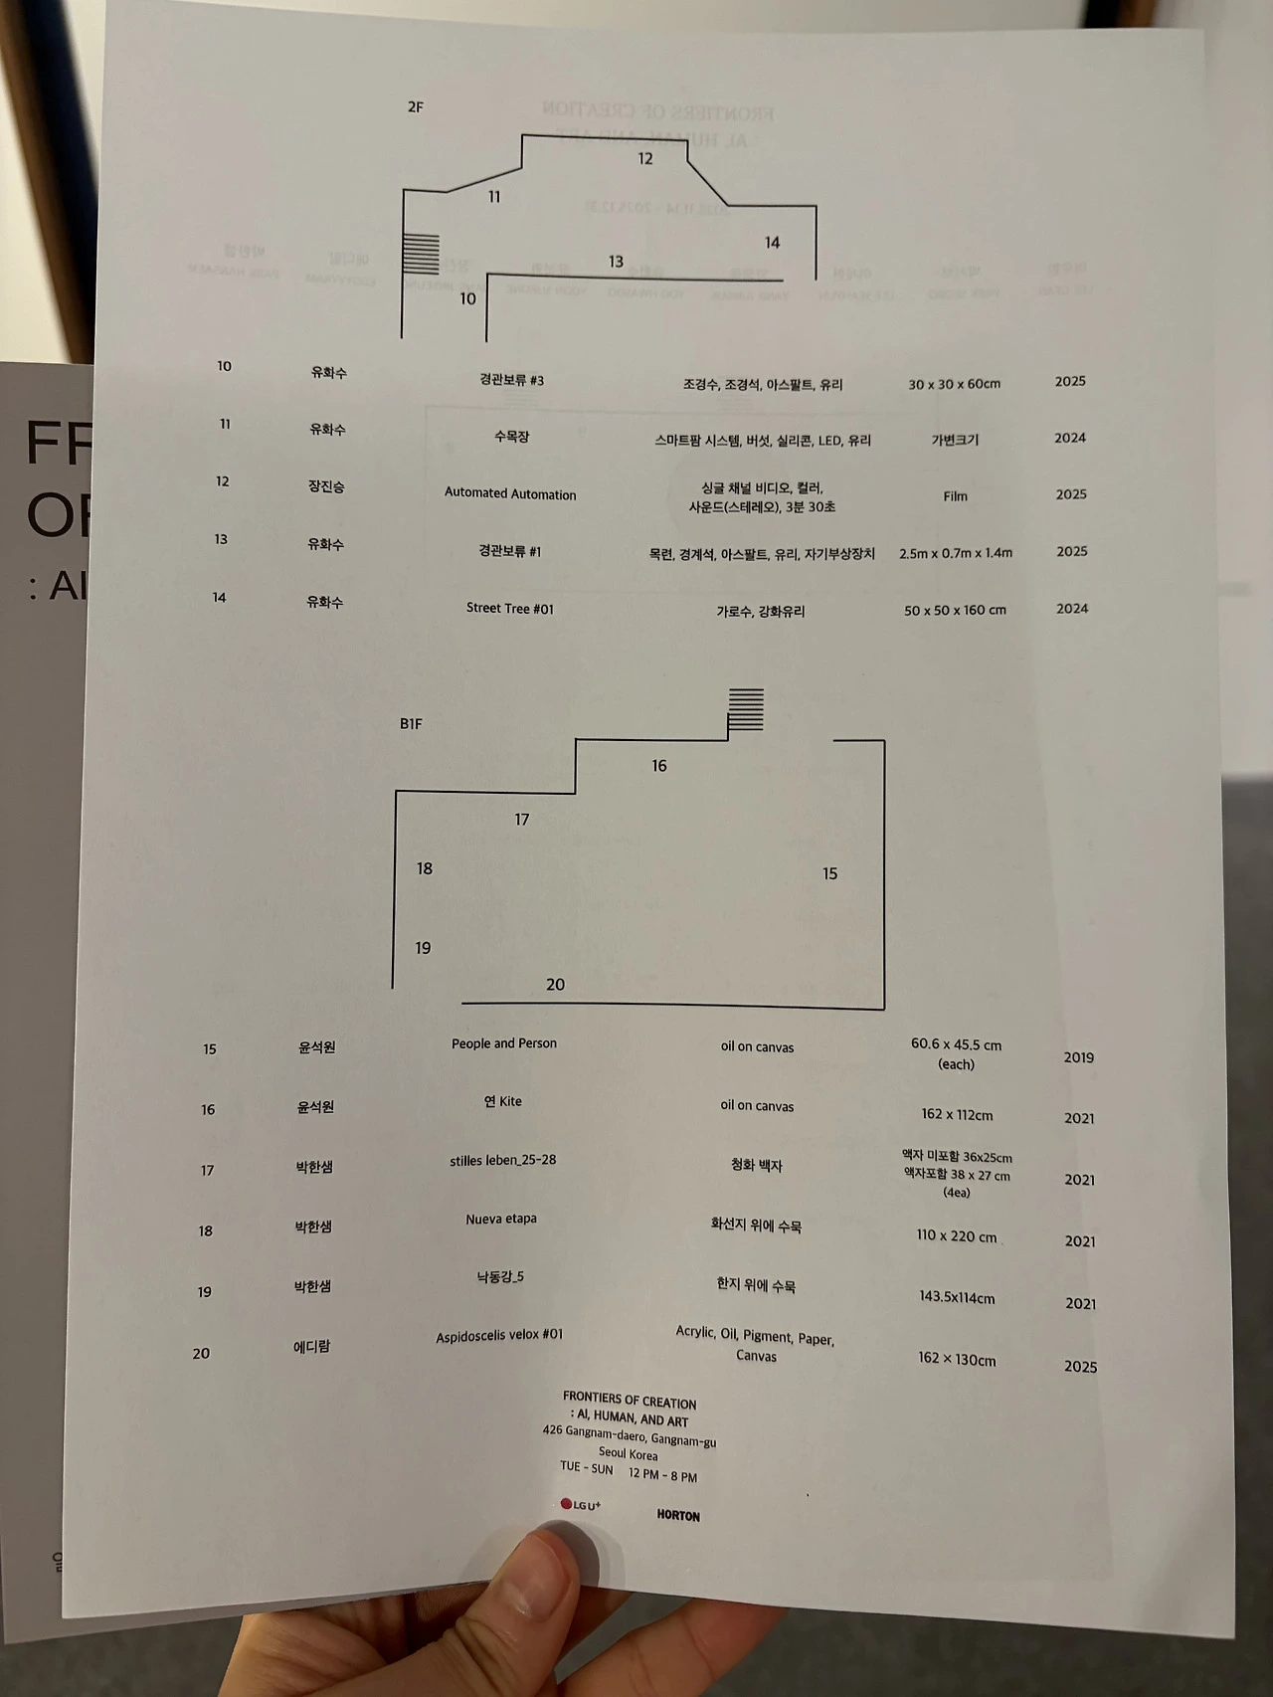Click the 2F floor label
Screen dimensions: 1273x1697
tap(416, 107)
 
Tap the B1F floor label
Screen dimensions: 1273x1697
tap(411, 724)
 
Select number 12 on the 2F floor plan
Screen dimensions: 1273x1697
tap(645, 159)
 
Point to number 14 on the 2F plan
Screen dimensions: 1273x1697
tap(772, 243)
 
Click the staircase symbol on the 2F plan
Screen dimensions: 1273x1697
tap(421, 253)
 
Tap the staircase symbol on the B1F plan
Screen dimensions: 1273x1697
tap(746, 709)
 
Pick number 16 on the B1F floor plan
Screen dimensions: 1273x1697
tap(659, 766)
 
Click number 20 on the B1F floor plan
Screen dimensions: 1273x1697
tap(555, 985)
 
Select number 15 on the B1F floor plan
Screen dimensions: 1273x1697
tap(829, 873)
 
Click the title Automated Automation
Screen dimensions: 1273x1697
tap(510, 493)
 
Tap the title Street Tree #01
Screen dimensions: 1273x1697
tap(510, 608)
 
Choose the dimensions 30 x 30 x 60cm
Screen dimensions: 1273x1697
tap(954, 384)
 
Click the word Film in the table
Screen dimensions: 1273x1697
tap(955, 495)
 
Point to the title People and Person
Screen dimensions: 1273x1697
tap(504, 1043)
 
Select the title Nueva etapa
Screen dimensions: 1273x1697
tap(501, 1219)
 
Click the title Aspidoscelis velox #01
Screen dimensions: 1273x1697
tap(499, 1335)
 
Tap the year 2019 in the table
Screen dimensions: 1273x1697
tap(1078, 1057)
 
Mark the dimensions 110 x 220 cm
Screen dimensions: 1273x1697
tap(956, 1236)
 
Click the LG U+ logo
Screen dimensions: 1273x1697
tap(581, 1505)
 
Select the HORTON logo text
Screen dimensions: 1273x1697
tap(678, 1516)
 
